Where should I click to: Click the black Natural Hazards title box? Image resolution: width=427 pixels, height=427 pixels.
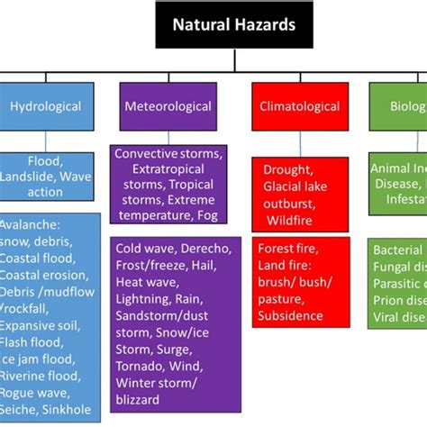[x=234, y=25]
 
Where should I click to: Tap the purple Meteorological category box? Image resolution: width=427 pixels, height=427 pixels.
[x=168, y=106]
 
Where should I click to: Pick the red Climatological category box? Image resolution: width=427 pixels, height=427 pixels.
[x=301, y=106]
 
